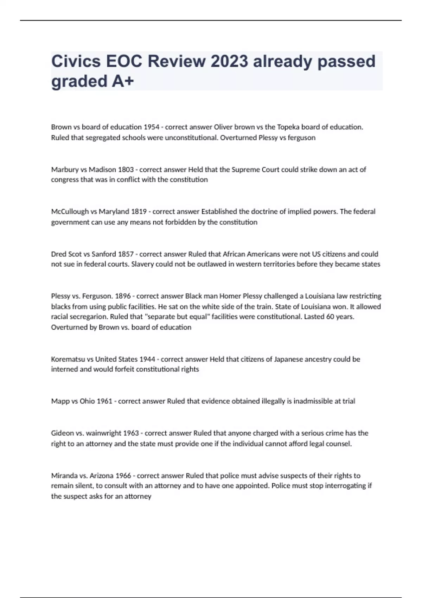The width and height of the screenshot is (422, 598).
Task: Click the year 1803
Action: coord(126,170)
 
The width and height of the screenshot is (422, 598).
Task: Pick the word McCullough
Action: coord(70,212)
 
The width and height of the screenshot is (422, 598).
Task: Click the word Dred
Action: coord(59,254)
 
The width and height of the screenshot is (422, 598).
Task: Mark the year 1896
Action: coord(123,296)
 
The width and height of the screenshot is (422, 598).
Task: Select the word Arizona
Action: coord(101,476)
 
